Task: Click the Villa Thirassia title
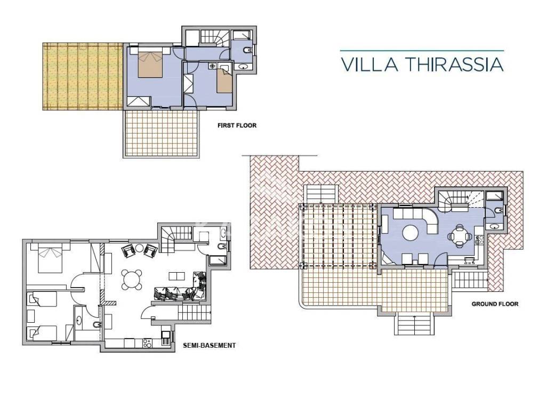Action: (x=422, y=64)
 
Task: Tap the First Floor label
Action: (x=237, y=125)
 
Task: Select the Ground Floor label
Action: (x=495, y=304)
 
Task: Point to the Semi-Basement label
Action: (x=209, y=345)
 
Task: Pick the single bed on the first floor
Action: (x=224, y=81)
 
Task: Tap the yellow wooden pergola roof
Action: (x=83, y=77)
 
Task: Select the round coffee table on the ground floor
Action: (x=411, y=233)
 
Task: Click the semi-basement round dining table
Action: (x=132, y=280)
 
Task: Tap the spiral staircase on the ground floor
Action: (x=453, y=201)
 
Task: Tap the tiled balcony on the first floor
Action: (x=161, y=134)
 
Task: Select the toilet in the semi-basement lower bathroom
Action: (x=97, y=325)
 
